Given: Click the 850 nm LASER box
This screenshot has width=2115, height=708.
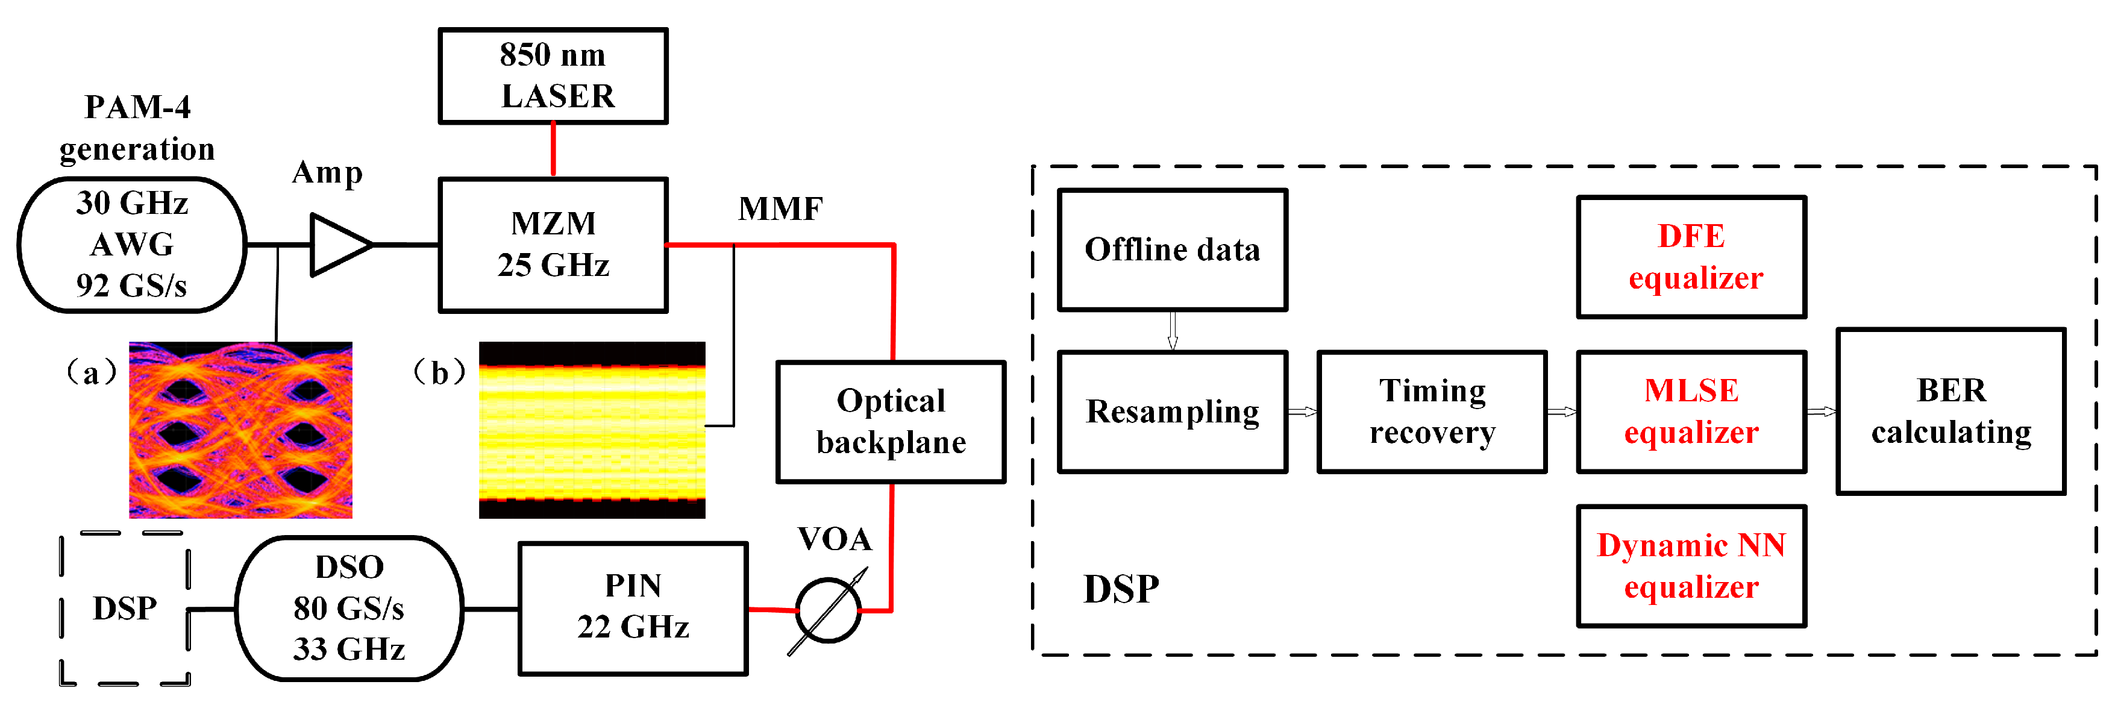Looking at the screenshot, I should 553,75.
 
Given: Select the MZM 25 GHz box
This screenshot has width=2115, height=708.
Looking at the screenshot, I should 553,245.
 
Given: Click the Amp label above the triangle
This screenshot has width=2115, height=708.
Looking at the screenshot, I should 327,172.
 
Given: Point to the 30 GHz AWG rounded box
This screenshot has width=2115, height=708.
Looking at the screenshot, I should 131,245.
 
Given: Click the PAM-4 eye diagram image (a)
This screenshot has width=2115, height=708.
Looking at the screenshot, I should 240,430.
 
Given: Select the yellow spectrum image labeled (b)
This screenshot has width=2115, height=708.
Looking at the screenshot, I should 591,430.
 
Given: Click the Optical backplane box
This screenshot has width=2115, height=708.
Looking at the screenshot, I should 891,421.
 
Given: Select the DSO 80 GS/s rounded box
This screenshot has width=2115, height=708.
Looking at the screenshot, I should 349,608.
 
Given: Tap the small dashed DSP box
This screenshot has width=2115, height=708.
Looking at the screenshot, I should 125,608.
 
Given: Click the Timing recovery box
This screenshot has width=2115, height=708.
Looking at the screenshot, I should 1432,412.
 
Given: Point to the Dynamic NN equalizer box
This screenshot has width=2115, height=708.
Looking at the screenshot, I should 1691,566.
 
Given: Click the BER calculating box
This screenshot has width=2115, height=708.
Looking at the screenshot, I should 1950,411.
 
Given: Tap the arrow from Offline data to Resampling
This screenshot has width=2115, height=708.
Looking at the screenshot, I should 1173,331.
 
